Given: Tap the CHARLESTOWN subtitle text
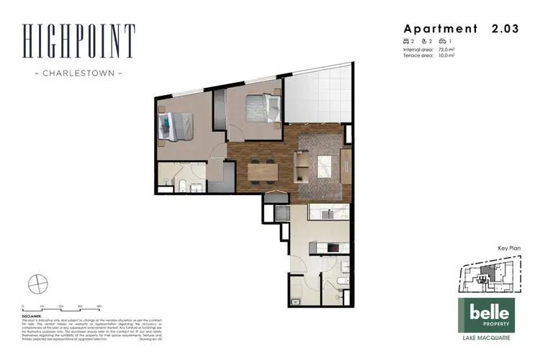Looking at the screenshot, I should coord(78,73).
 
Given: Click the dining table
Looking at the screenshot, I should coord(262,171).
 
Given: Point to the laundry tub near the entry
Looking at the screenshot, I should coord(295,301).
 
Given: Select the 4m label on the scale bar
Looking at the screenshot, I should coord(99,306).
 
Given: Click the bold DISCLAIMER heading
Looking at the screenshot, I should coord(33,315).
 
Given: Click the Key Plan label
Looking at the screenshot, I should coord(509,248).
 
